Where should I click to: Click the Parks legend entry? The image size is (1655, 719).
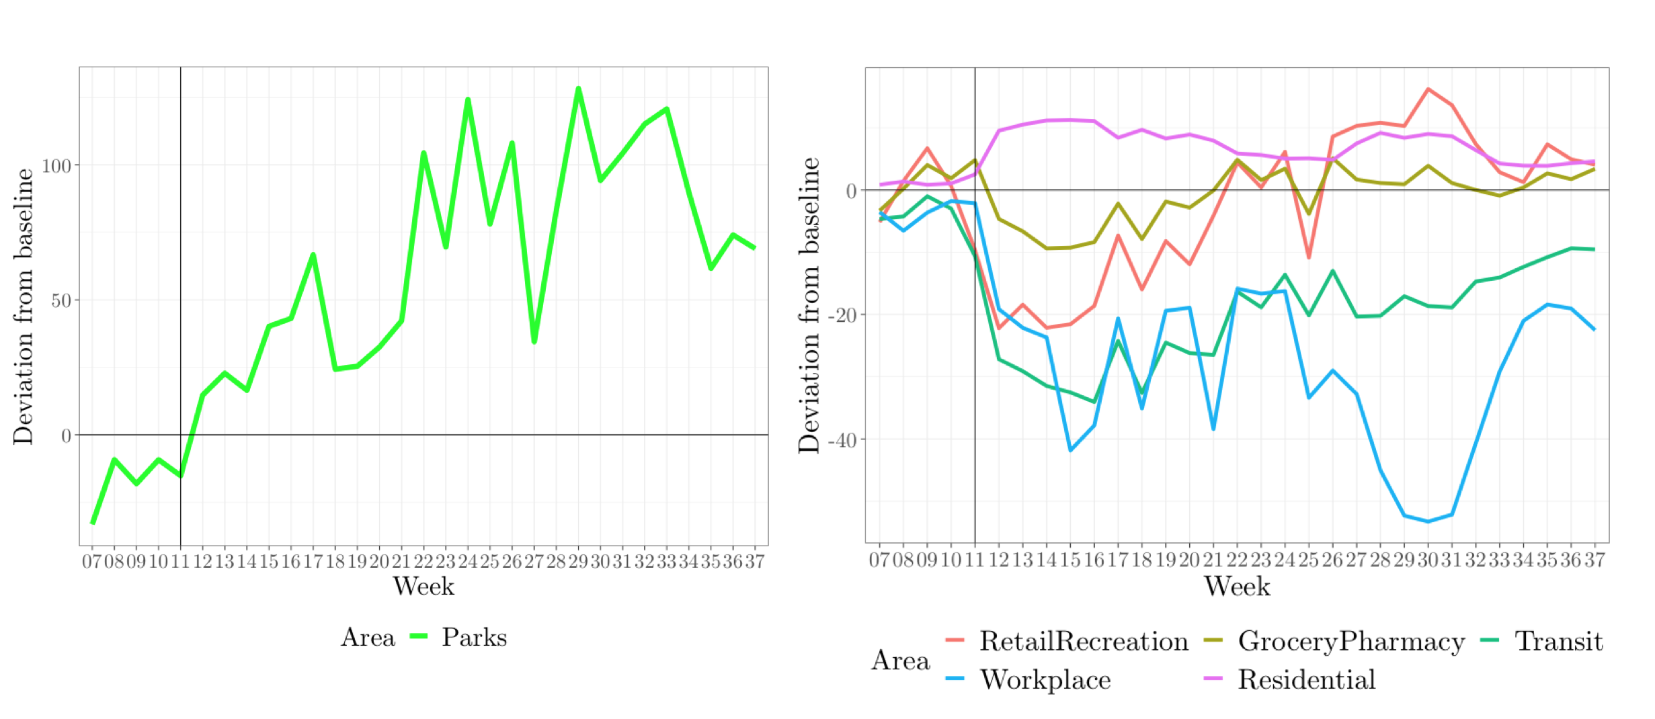(x=474, y=637)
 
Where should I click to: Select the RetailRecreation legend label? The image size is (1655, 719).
(x=1084, y=641)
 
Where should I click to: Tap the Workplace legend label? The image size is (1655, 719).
(x=1045, y=679)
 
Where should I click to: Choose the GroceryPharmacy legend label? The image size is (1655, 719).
(x=1351, y=641)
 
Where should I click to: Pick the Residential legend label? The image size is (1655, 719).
(x=1307, y=679)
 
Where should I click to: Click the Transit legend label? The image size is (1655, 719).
(x=1558, y=641)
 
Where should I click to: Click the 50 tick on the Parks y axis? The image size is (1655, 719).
(x=61, y=300)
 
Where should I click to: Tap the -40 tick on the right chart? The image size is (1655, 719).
(x=843, y=440)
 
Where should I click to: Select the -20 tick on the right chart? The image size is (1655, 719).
(x=843, y=315)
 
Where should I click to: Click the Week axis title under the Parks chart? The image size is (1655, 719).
(x=423, y=587)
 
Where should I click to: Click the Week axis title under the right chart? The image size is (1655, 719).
(x=1237, y=587)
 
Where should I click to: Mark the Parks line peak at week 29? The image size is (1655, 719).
(x=578, y=89)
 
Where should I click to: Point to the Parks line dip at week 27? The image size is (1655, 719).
(x=534, y=342)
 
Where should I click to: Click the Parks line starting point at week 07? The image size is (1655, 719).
(x=93, y=522)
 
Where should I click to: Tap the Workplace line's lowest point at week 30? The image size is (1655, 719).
(x=1428, y=521)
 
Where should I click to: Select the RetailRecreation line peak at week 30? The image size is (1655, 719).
(x=1428, y=89)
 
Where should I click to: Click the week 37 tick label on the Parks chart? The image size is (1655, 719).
(x=755, y=561)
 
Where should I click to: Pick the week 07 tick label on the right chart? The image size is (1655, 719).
(x=879, y=560)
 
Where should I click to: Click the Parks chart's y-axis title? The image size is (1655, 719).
(x=24, y=306)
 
